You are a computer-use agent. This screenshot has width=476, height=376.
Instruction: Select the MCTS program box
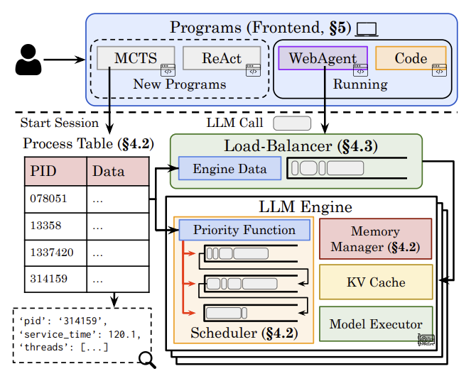[x=136, y=59]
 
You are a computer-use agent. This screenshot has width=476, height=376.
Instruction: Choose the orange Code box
[x=411, y=58]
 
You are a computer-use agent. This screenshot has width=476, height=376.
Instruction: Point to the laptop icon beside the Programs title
[x=367, y=28]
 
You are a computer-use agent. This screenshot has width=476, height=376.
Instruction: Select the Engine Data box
[x=229, y=169]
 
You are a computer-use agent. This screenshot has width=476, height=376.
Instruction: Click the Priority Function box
[x=244, y=230]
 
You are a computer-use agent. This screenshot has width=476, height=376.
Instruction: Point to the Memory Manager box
[x=376, y=239]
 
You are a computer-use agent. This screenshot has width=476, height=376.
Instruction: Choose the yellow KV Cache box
[x=376, y=282]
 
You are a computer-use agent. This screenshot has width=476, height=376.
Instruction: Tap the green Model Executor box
[x=376, y=325]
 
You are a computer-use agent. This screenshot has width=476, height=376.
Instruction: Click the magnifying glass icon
[x=148, y=360]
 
